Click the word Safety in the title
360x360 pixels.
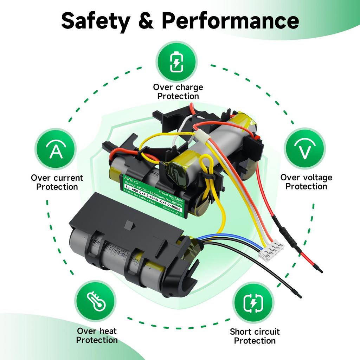pyautogui.click(x=95, y=21)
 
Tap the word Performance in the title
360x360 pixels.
pyautogui.click(x=230, y=21)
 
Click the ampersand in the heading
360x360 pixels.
pyautogui.click(x=146, y=21)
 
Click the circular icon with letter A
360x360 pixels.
pyautogui.click(x=56, y=150)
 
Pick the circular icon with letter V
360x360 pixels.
pyautogui.click(x=304, y=150)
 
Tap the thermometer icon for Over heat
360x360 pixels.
pyautogui.click(x=95, y=301)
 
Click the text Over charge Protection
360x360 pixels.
pyautogui.click(x=178, y=92)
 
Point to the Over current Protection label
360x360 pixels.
pyautogui.click(x=57, y=182)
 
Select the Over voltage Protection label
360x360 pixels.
pyautogui.click(x=306, y=182)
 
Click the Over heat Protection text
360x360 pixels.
pyautogui.click(x=97, y=335)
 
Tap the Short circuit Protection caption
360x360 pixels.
pyautogui.click(x=255, y=336)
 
